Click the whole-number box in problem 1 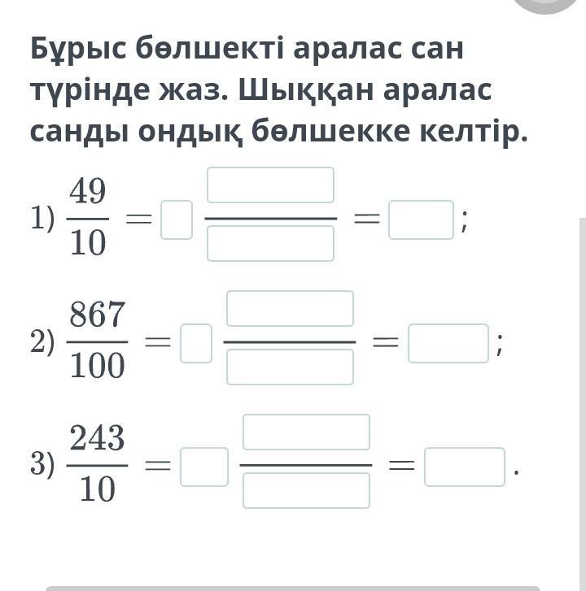(x=177, y=220)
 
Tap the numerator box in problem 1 (x=270, y=185)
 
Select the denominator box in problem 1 (x=270, y=243)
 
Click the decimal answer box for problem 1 (x=421, y=220)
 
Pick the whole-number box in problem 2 (x=196, y=343)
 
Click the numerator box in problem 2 (x=290, y=308)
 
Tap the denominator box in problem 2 (x=290, y=367)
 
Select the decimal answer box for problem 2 (x=448, y=343)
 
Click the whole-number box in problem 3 (x=204, y=467)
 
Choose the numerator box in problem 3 (x=306, y=432)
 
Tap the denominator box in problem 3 (x=306, y=490)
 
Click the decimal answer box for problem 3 (x=465, y=467)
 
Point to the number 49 (x=87, y=193)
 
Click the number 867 (x=97, y=315)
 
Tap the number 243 (x=97, y=439)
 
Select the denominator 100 (x=97, y=367)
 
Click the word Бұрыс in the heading (x=78, y=50)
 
